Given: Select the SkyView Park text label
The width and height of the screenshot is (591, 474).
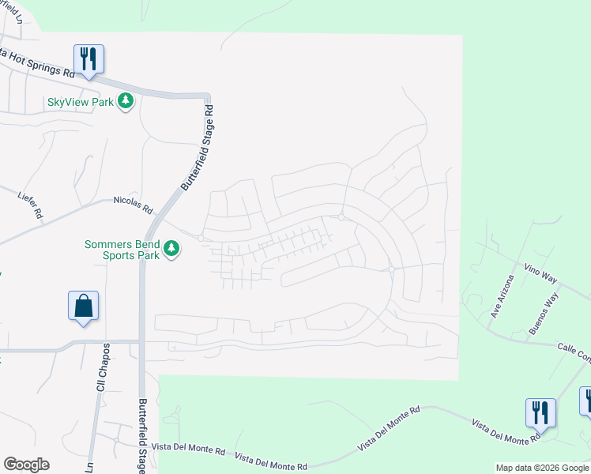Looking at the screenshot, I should [x=81, y=101].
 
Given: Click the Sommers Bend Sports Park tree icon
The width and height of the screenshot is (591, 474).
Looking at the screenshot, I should [x=171, y=250].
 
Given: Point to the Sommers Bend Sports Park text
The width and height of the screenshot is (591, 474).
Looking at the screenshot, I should [x=122, y=250].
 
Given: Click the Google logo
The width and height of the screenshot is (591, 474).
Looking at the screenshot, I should [x=26, y=465].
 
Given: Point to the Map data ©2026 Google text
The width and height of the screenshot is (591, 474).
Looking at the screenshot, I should [x=541, y=468].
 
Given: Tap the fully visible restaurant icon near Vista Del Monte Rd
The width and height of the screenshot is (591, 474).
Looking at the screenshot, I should [x=540, y=412].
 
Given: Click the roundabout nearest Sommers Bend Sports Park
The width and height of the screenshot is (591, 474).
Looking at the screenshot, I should [x=201, y=238].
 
